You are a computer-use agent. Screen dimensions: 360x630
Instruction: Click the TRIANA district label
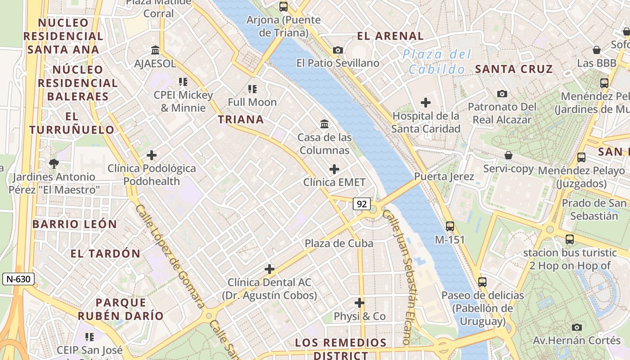point(241,119)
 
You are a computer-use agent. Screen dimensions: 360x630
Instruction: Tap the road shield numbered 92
point(361,204)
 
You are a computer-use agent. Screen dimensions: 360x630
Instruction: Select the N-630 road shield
point(18,279)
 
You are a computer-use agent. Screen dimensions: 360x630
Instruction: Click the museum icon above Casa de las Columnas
point(324,123)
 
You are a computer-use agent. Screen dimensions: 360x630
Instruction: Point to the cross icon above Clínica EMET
point(334,169)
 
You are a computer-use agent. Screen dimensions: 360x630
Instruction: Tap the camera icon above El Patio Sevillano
point(337,50)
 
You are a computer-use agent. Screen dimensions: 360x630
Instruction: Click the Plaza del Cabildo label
point(436,62)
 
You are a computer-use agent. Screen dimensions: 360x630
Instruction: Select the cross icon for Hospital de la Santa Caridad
point(425,103)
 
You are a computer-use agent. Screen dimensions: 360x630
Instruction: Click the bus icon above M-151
point(450,226)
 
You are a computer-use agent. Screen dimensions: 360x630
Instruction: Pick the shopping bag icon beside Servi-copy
point(508,155)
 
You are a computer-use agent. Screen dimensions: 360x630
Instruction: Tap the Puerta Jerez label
point(444,176)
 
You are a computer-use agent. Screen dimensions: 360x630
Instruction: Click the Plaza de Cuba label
point(339,243)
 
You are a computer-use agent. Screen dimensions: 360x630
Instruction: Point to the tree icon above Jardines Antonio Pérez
point(54,163)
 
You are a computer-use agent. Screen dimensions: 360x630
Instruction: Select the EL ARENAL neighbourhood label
point(390,36)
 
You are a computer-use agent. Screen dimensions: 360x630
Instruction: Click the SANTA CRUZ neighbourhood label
point(514,69)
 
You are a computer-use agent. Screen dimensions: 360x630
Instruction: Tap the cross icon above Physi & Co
point(359,302)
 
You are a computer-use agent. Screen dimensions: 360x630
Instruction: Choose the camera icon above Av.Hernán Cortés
point(576,327)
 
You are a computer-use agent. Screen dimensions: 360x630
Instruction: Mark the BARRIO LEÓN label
point(75,224)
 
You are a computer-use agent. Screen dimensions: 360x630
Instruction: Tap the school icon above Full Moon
point(252,89)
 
